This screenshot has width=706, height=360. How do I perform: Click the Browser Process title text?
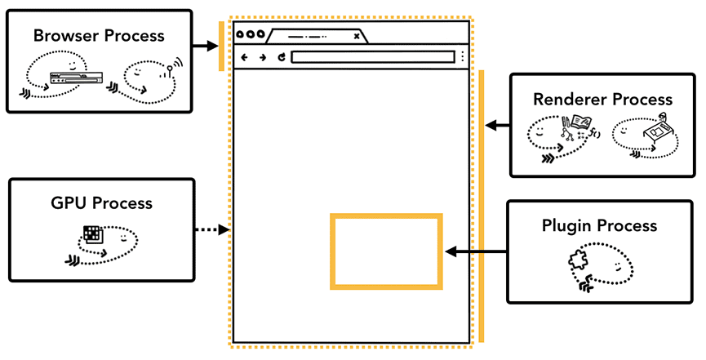coord(99,36)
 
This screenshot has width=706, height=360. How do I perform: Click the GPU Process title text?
coord(101,202)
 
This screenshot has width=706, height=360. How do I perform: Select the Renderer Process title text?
coord(602,99)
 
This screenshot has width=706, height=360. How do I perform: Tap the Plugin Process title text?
coord(600,225)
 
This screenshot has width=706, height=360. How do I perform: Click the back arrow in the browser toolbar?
coord(245,57)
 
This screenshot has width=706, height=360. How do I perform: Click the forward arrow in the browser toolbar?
coord(263,57)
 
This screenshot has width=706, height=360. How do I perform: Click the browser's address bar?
coord(372,57)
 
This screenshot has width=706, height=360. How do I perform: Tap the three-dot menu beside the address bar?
coord(463,57)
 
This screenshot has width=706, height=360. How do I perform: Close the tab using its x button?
coord(357,36)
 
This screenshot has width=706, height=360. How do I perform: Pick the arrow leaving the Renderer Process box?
coord(497,126)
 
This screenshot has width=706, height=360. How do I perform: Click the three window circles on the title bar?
coord(250,34)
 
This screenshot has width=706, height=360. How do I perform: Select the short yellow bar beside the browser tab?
coord(221,47)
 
